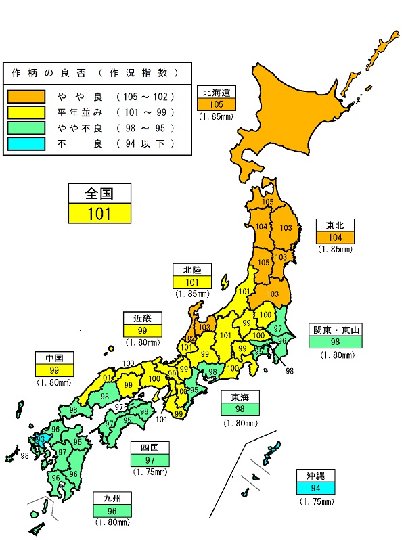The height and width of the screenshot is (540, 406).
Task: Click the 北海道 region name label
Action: (x=217, y=92)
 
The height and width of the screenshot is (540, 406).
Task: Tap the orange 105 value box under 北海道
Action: (x=217, y=104)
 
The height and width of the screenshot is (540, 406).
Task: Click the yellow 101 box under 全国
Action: (x=99, y=214)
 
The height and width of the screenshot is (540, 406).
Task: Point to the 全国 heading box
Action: (x=99, y=194)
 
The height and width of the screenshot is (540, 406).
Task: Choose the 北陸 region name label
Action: (x=192, y=270)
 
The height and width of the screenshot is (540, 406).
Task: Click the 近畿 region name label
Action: (x=143, y=319)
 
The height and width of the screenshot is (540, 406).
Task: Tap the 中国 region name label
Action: (x=54, y=358)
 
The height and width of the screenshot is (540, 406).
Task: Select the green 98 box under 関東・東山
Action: (x=336, y=342)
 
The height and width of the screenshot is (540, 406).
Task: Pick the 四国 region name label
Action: (x=151, y=448)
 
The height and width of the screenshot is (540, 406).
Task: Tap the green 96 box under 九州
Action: (x=112, y=512)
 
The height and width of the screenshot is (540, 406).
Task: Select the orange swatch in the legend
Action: (x=26, y=96)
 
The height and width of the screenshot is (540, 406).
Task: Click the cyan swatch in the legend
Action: (x=26, y=143)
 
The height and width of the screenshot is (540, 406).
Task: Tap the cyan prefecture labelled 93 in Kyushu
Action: (x=42, y=440)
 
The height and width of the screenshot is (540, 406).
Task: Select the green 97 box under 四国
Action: (x=151, y=460)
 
